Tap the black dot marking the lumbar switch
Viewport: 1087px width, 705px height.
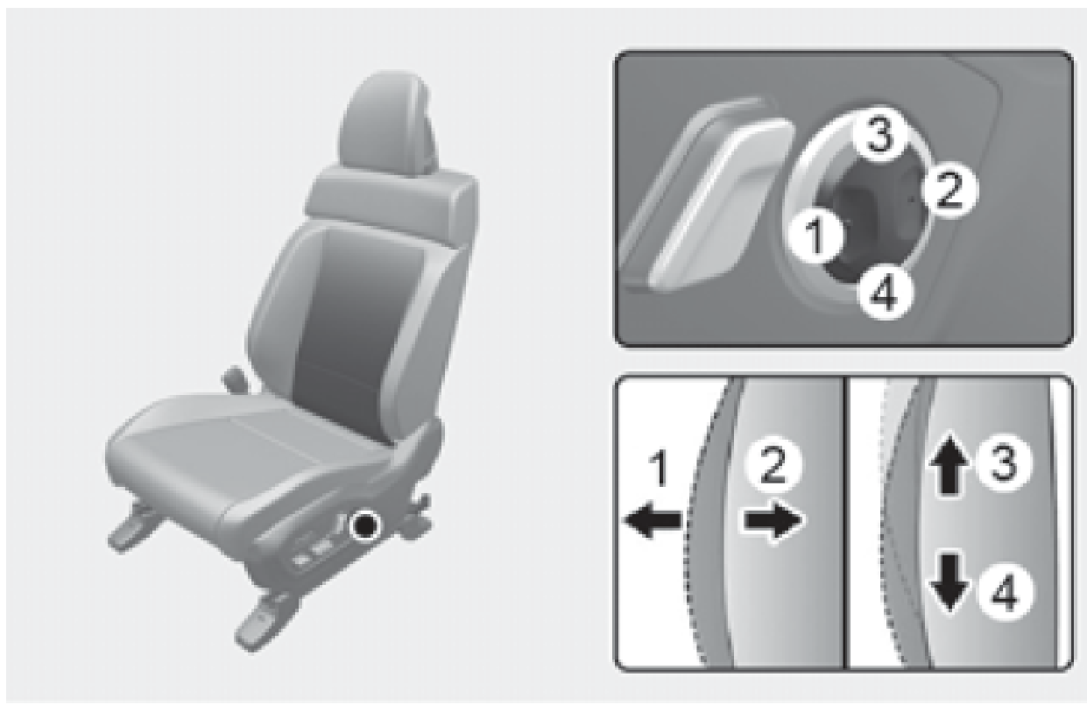click(x=365, y=525)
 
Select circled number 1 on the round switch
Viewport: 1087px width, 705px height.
click(x=816, y=236)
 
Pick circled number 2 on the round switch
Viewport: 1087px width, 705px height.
click(x=949, y=191)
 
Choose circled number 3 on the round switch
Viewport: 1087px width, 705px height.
click(x=880, y=134)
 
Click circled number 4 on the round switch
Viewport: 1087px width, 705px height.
click(x=884, y=293)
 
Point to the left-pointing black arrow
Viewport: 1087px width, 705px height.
click(x=653, y=520)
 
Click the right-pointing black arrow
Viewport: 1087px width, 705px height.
click(x=773, y=520)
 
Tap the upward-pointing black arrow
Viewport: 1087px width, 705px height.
click(x=949, y=464)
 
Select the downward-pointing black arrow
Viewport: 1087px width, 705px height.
click(x=949, y=582)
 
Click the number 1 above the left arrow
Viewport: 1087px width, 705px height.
click(x=659, y=469)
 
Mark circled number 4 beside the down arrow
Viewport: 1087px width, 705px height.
click(x=1005, y=592)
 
